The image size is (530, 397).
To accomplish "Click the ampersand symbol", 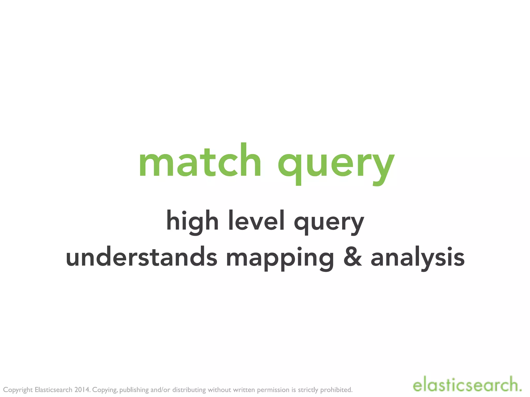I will point(352,257).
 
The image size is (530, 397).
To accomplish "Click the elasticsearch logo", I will point(467,385).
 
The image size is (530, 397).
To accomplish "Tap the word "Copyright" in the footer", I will point(18,390).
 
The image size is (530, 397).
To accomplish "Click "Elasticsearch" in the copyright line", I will point(53,390).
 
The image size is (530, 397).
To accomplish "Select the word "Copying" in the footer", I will point(105,390).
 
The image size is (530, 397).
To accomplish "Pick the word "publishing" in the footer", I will point(134,390).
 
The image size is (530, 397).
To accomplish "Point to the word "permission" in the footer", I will point(273,390).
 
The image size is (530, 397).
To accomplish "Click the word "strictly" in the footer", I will point(308,390).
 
